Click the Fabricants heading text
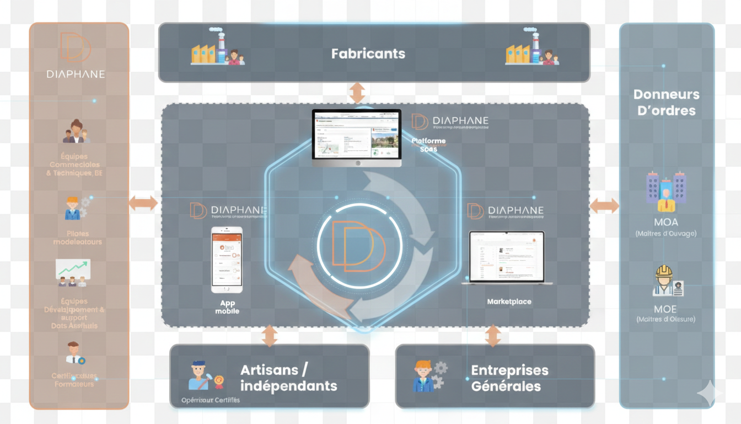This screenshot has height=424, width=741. pos(368,54)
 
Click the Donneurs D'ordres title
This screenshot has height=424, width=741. pos(666,103)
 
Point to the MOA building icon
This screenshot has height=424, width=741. pos(665,191)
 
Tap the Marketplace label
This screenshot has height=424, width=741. pos(509,302)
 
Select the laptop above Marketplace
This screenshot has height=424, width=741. pos(507,257)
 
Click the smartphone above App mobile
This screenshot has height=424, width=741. pos(227,259)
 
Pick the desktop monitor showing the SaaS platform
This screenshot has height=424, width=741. pos(357,137)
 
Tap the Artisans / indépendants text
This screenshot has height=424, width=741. pos(288,378)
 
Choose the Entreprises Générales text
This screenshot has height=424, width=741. pos(509,378)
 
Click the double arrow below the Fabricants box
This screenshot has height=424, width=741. pos(357,92)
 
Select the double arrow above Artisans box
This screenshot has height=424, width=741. pos(269,336)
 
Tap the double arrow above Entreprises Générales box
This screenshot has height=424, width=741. pos(493,336)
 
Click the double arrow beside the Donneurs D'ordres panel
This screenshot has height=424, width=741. pos(604,206)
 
